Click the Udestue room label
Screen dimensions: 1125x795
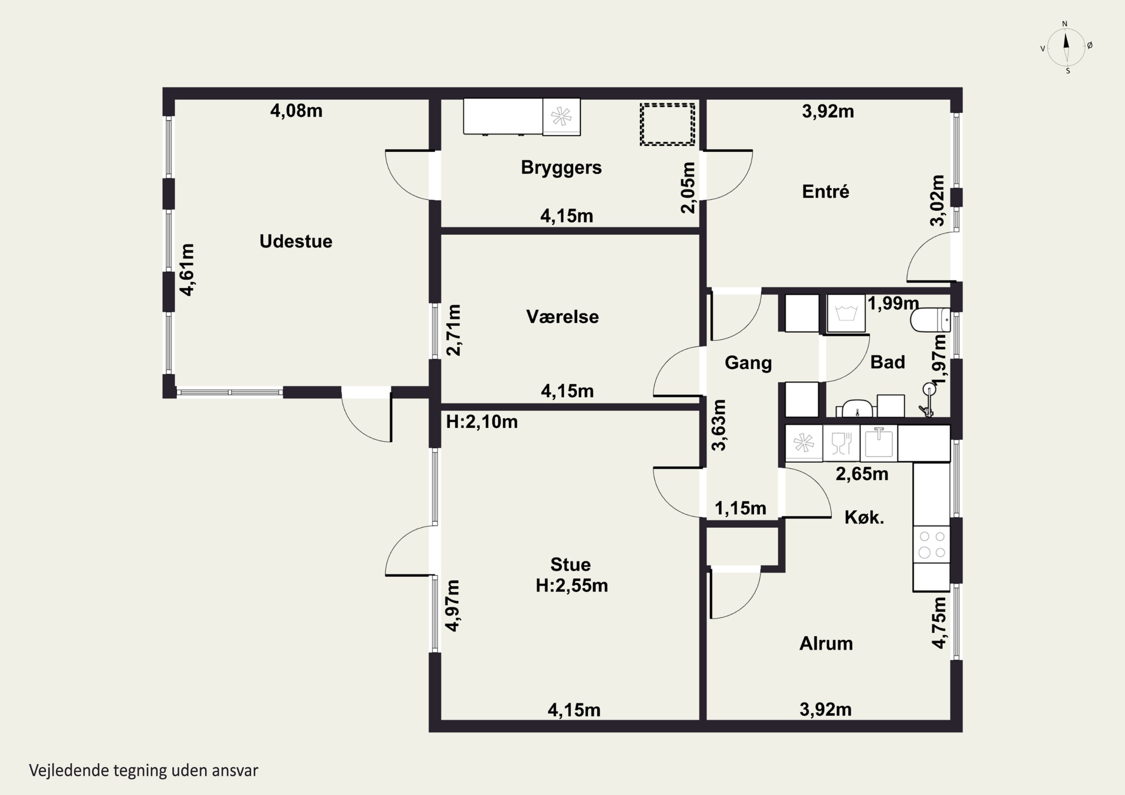296,241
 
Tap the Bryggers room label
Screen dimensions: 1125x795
561,168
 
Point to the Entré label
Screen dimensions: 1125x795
826,191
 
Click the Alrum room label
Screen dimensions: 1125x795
826,643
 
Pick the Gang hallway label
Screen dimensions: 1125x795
748,363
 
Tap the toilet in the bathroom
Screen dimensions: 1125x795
930,320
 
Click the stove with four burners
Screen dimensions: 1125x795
931,544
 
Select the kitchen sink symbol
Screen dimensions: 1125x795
879,442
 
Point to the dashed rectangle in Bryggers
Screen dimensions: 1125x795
667,124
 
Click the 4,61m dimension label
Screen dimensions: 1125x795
187,270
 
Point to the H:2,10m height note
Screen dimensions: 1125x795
481,422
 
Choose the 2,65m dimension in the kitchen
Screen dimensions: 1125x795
862,474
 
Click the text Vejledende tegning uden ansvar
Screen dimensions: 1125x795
144,771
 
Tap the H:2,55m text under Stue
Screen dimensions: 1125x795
572,586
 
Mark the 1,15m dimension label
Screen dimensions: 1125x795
740,508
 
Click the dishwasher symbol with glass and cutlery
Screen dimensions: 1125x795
841,443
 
